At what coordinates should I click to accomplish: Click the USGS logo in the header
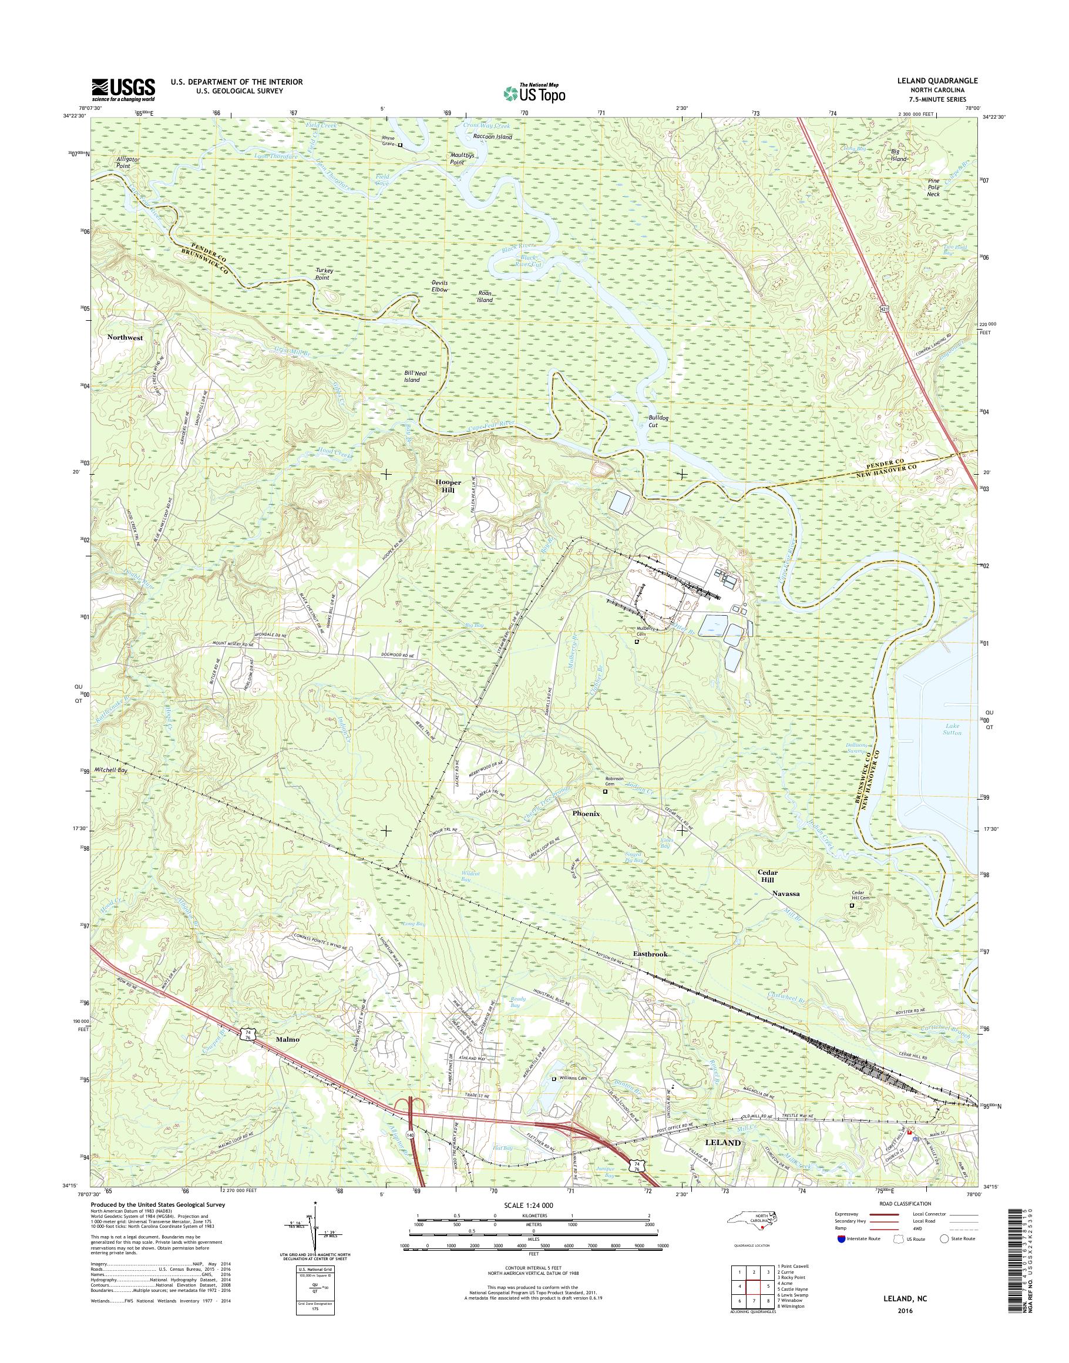123,89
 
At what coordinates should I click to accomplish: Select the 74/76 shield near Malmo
248,1037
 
